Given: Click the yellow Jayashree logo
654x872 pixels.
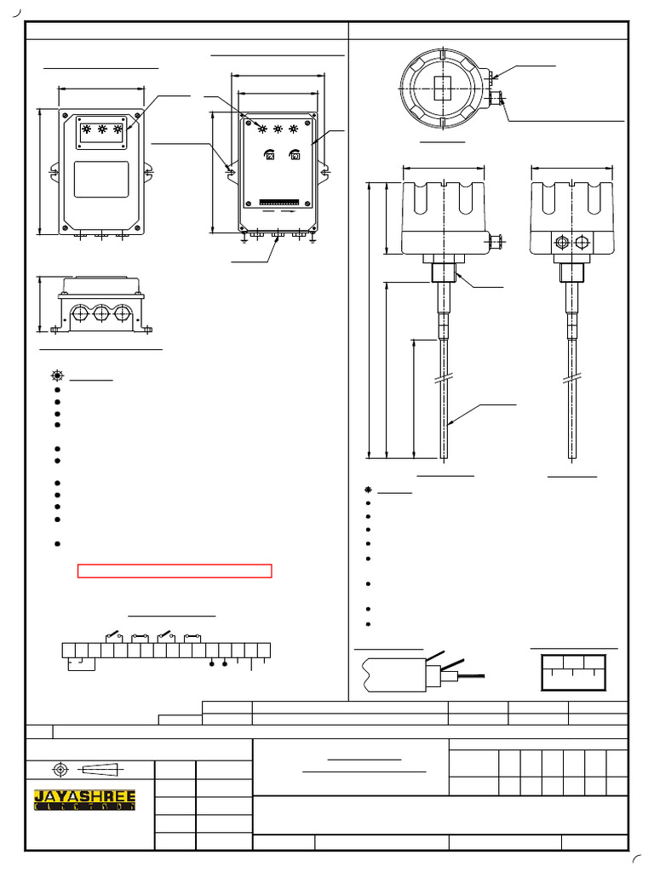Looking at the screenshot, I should pyautogui.click(x=84, y=800).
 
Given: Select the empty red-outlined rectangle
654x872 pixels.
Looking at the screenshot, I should pyautogui.click(x=175, y=571).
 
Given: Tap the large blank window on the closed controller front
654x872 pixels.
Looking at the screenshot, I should pyautogui.click(x=101, y=179).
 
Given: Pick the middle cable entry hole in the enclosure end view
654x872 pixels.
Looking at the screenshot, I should pyautogui.click(x=101, y=314).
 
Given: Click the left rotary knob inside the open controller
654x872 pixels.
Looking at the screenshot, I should pyautogui.click(x=269, y=155).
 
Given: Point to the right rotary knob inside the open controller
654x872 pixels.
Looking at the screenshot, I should pyautogui.click(x=295, y=155).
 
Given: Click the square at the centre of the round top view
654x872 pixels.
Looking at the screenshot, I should pyautogui.click(x=443, y=88).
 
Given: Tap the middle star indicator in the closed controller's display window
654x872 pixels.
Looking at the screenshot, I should pyautogui.click(x=102, y=130).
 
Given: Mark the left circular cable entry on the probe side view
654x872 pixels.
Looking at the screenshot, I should pyautogui.click(x=561, y=243).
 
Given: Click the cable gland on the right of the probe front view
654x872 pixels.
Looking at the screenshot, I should pyautogui.click(x=494, y=243).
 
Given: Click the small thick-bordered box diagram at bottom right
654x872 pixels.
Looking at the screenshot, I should pyautogui.click(x=573, y=673).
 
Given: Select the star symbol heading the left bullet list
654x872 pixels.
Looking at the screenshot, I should pyautogui.click(x=57, y=376).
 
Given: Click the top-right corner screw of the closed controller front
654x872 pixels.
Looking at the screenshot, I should pyautogui.click(x=137, y=113).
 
